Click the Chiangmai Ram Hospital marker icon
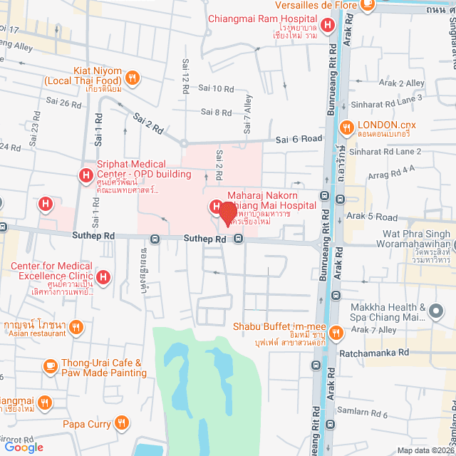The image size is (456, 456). click(327, 26)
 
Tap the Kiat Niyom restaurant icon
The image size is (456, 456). click(131, 78)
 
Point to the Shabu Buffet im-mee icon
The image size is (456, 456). click(336, 332)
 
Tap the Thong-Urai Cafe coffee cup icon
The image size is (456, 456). click(50, 366)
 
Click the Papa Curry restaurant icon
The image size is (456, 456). click(123, 424)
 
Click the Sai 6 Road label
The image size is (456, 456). click(295, 140)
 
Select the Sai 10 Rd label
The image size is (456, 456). click(216, 88)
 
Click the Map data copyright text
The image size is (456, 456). click(425, 450)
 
